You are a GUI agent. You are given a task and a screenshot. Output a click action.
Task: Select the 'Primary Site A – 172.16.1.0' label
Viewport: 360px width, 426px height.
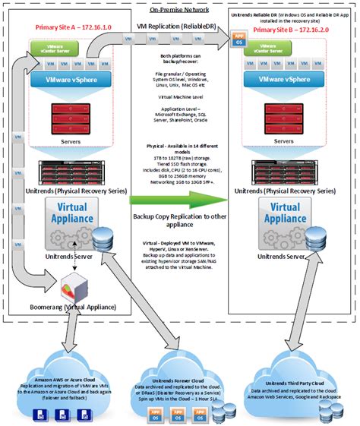(69, 27)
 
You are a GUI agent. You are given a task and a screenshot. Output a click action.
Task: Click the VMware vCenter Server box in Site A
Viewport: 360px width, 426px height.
(55, 49)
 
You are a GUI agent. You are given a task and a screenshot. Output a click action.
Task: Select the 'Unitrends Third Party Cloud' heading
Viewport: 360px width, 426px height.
(297, 380)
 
